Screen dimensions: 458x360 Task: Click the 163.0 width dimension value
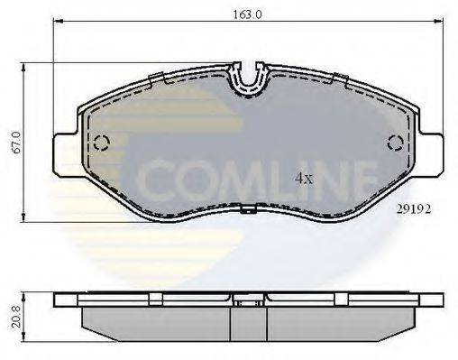pyautogui.click(x=248, y=14)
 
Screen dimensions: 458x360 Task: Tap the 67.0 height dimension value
pyautogui.click(x=15, y=143)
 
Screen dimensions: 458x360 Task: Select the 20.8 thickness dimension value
pyautogui.click(x=16, y=317)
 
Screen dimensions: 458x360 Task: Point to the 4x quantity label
pyautogui.click(x=304, y=179)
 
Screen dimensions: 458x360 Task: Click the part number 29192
pyautogui.click(x=414, y=209)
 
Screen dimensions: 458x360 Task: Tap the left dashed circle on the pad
pyautogui.click(x=101, y=143)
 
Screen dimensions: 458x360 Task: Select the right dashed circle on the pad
pyautogui.click(x=396, y=143)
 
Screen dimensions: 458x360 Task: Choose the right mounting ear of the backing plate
pyautogui.click(x=430, y=155)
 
